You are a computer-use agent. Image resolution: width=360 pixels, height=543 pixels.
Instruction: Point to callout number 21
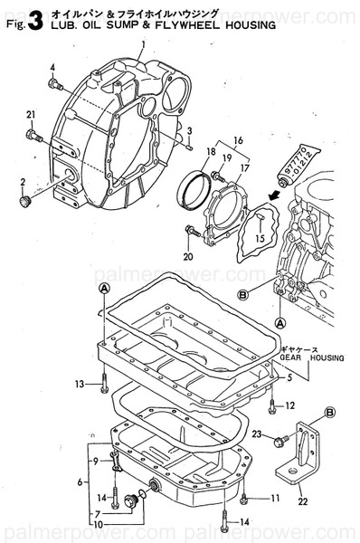[x=31, y=113]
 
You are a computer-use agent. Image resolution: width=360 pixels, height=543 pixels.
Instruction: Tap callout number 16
[x=239, y=142]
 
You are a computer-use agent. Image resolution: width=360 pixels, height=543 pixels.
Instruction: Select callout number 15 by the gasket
[x=258, y=238]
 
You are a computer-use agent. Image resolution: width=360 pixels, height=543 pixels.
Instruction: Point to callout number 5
[x=289, y=376]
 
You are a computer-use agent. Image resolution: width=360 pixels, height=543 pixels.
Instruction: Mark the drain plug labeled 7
[x=137, y=499]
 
